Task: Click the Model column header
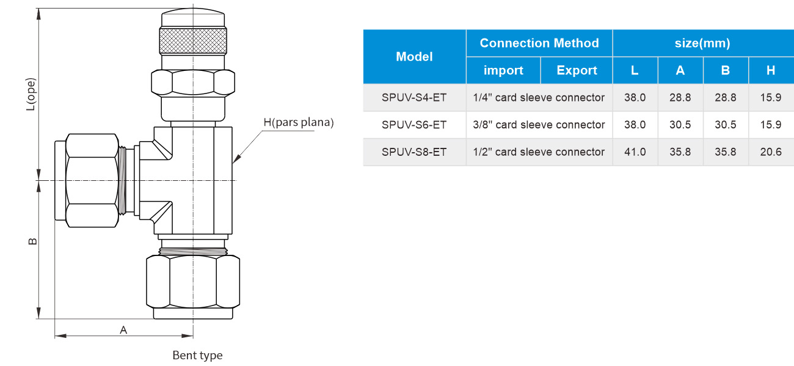click(x=414, y=57)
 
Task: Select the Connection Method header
click(x=539, y=43)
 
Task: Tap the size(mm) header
click(x=702, y=43)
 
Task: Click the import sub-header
click(x=503, y=70)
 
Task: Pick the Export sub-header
click(x=577, y=70)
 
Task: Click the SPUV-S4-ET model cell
click(x=414, y=98)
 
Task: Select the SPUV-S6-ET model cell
click(x=414, y=125)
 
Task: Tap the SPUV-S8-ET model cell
click(x=414, y=152)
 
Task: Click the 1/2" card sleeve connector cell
click(x=539, y=152)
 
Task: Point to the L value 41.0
click(x=635, y=152)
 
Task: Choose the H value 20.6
click(x=771, y=152)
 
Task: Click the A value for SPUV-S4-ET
click(x=680, y=98)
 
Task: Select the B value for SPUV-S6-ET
click(x=725, y=125)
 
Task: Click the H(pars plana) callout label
click(x=299, y=122)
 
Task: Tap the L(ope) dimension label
click(x=31, y=94)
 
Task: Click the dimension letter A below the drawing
click(x=123, y=330)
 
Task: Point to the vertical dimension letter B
click(x=32, y=241)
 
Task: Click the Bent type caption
click(x=197, y=356)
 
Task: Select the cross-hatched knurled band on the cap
click(x=193, y=41)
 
